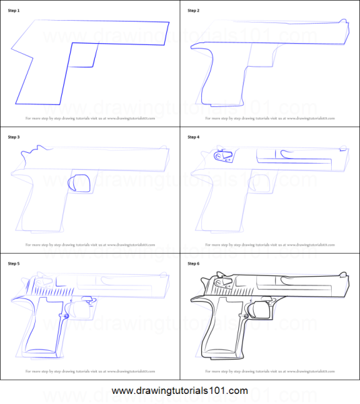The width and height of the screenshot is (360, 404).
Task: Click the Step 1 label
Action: tap(14, 11)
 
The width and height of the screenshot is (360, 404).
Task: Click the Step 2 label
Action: tap(194, 11)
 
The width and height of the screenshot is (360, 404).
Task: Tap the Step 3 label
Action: tap(14, 137)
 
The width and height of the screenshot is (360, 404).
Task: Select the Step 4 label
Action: tap(194, 137)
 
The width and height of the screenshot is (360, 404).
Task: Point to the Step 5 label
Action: tap(14, 263)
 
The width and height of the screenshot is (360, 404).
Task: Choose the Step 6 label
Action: tap(194, 263)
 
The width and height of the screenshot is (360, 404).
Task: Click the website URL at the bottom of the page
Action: tap(180, 391)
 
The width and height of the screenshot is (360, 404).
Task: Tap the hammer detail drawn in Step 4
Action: tap(219, 156)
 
